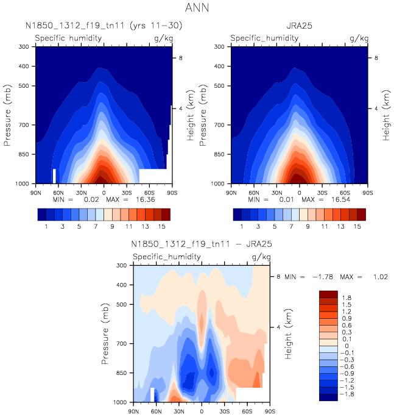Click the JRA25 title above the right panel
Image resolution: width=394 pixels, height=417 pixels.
[299, 26]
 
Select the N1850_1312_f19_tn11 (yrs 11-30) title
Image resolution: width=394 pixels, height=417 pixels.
[104, 26]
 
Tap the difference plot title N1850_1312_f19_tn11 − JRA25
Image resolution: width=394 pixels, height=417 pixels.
[202, 244]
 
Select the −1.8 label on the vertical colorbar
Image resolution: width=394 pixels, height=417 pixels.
[347, 394]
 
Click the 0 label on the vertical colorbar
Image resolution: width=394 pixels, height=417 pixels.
[345, 346]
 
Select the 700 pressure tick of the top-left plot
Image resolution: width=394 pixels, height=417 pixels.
[24, 125]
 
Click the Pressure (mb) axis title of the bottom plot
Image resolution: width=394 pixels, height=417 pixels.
[107, 333]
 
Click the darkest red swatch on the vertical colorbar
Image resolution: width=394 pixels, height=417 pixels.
[328, 294]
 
